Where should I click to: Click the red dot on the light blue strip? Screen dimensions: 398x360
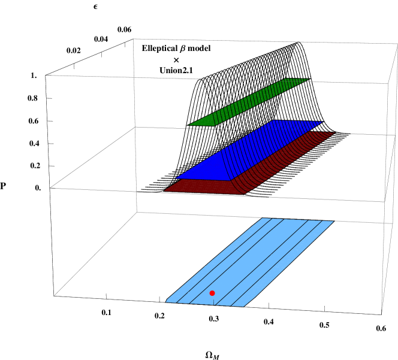[x=212, y=293]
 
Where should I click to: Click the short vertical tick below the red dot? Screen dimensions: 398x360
[x=214, y=301]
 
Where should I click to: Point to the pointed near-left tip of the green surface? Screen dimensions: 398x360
[x=189, y=125]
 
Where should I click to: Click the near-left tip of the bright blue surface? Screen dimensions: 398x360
[x=176, y=178]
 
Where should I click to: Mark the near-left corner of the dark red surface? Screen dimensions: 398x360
[x=165, y=190]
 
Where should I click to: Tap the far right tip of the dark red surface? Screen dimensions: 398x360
[x=334, y=132]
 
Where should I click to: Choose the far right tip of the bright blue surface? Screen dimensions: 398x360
[x=322, y=122]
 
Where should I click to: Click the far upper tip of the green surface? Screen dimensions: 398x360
[x=308, y=79]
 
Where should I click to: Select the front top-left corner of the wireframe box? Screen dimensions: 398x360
[x=46, y=75]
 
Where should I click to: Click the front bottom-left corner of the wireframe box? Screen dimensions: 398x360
[x=55, y=296]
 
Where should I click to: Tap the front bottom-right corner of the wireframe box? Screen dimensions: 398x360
[x=382, y=314]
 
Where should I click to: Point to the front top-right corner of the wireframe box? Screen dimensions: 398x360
[x=388, y=84]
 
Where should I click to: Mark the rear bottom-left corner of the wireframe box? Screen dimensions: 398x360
[x=137, y=212]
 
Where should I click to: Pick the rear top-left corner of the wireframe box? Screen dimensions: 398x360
[x=133, y=39]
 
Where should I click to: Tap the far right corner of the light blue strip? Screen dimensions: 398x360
[x=334, y=222]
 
